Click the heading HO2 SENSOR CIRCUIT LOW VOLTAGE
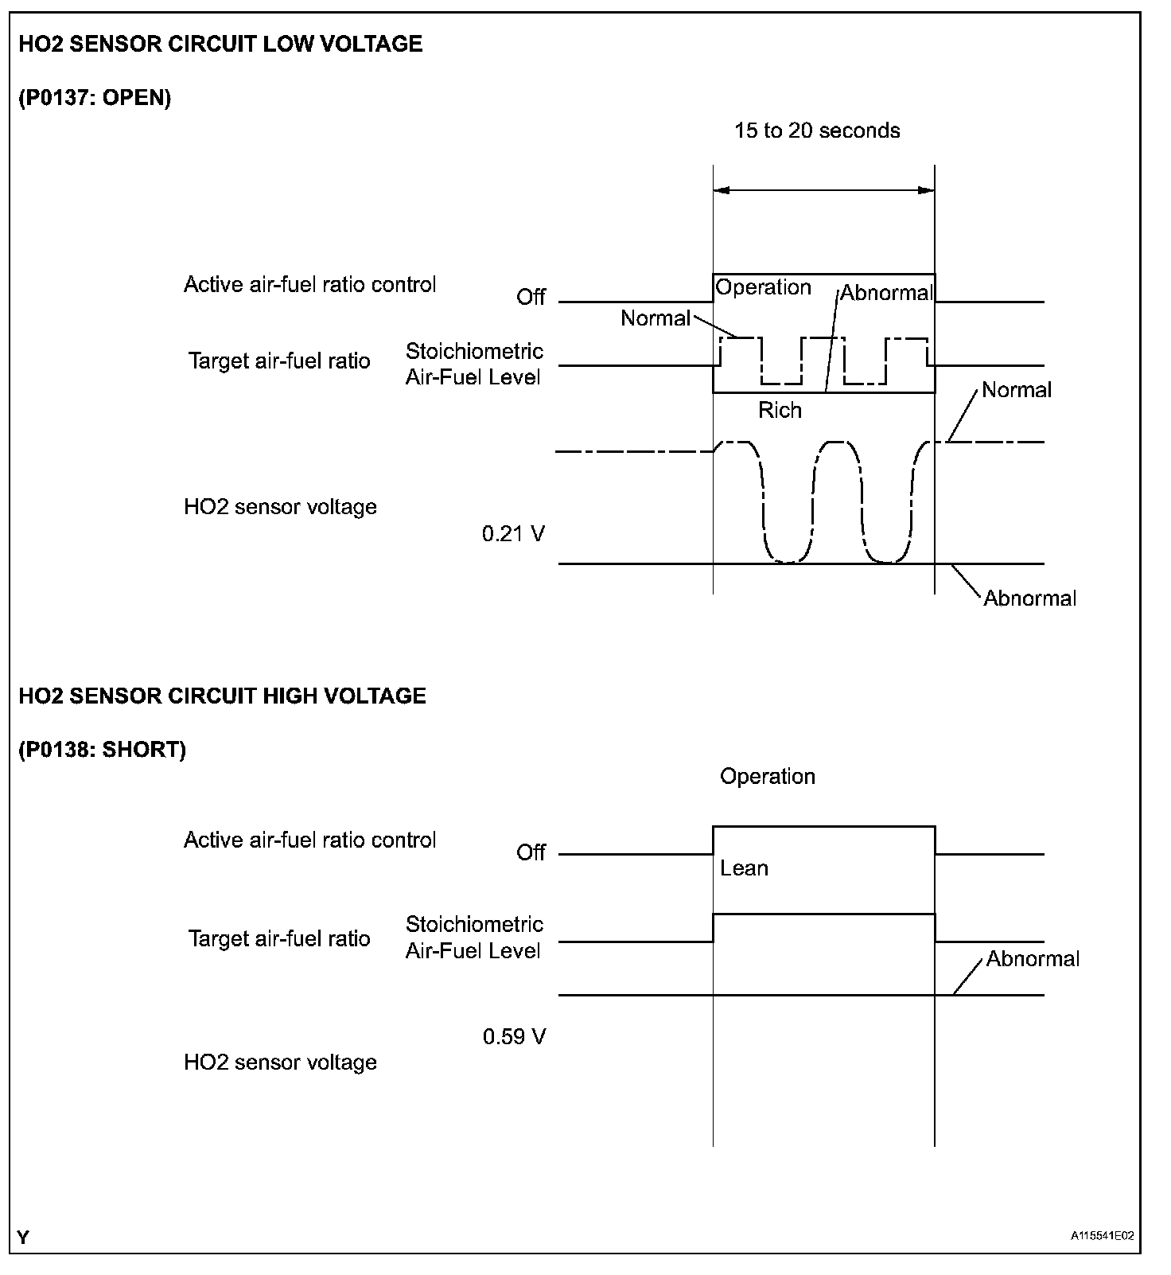(220, 44)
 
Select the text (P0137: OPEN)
(95, 98)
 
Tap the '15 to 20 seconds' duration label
(817, 131)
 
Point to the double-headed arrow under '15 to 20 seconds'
(823, 190)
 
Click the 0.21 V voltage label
(513, 533)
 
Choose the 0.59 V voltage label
(514, 1037)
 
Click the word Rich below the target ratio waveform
(780, 410)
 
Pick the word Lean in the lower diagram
(744, 868)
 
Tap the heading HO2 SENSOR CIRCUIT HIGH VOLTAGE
(222, 696)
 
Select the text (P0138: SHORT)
(102, 750)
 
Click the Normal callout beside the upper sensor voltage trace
(1016, 390)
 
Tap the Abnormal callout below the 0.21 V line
(1029, 599)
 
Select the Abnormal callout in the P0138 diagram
(1033, 958)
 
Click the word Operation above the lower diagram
(768, 776)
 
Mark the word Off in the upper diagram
(531, 297)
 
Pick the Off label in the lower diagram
(531, 852)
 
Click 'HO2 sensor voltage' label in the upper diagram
(280, 507)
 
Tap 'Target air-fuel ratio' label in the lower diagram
(279, 938)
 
